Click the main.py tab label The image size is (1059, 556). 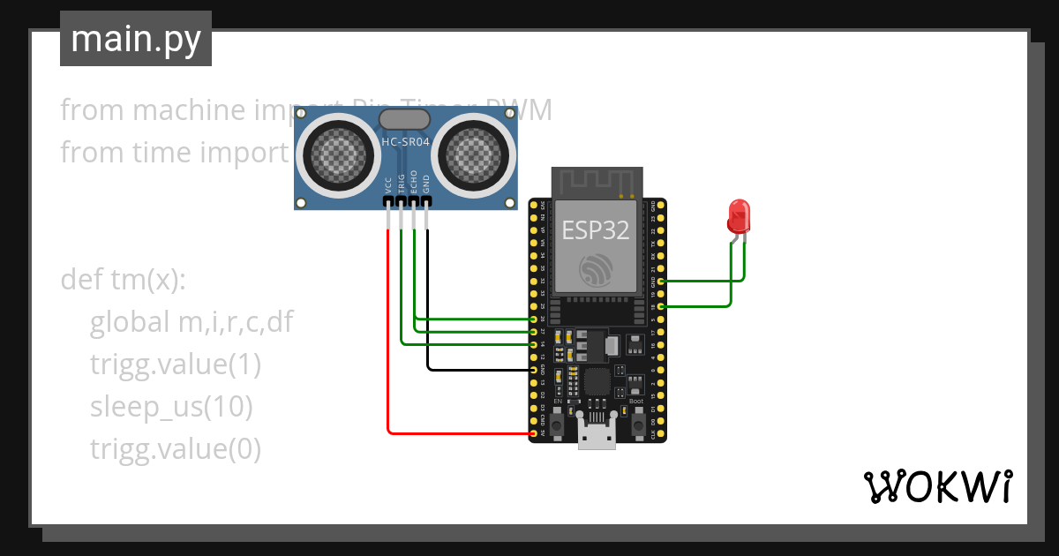pos(135,39)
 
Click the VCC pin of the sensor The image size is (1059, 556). pos(388,202)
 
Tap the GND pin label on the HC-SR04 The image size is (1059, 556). pos(426,184)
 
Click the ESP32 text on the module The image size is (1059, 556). pos(596,230)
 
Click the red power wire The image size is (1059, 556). pos(388,353)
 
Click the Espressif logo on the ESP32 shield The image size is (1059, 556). pos(596,270)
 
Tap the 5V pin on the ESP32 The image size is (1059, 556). pos(533,433)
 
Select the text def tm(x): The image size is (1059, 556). pos(124,280)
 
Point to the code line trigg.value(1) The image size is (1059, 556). pos(175,364)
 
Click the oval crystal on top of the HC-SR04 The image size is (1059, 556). pos(405,119)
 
